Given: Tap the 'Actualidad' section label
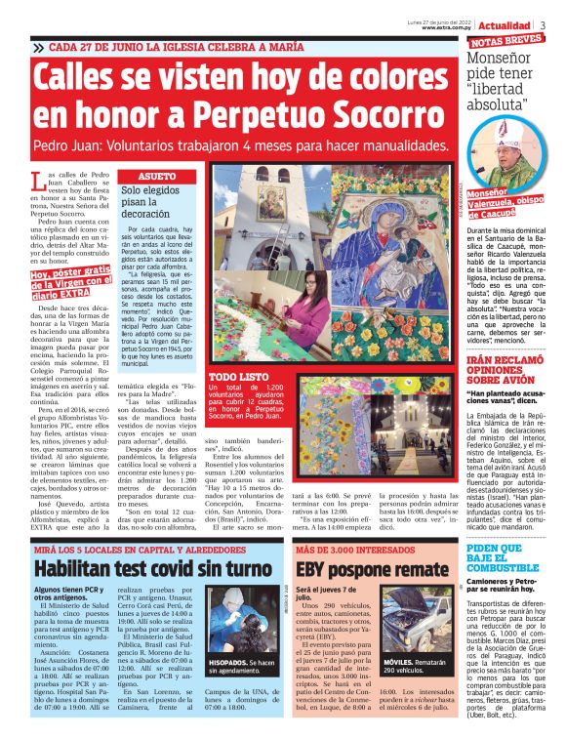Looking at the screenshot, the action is [508, 24].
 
